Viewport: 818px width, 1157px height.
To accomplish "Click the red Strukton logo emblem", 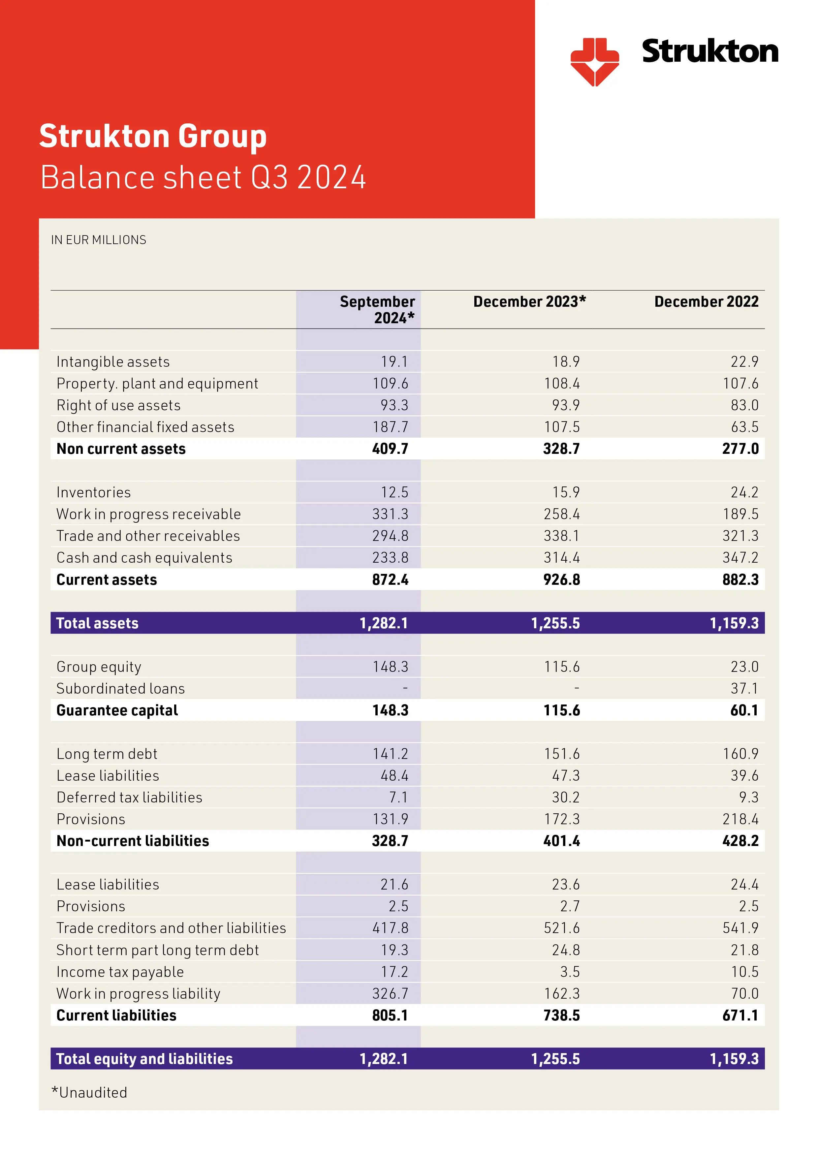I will (x=594, y=61).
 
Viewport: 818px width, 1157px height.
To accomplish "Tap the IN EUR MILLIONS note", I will (x=98, y=240).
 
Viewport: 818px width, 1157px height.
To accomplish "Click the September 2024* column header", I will (x=377, y=309).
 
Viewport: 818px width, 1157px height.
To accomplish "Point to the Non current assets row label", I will (x=121, y=449).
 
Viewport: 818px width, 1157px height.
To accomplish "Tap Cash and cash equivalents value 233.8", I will (x=390, y=557).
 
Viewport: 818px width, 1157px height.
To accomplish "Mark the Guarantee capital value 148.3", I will (x=390, y=710).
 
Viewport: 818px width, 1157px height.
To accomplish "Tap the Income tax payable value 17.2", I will (x=394, y=972).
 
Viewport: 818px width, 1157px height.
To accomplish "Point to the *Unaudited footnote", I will (x=89, y=1092).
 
